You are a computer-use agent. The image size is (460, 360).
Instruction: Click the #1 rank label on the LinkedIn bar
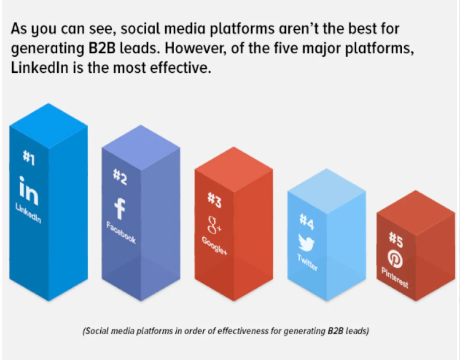click(29, 158)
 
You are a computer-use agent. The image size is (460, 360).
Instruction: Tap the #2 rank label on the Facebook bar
click(120, 177)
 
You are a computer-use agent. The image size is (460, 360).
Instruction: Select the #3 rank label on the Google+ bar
click(214, 200)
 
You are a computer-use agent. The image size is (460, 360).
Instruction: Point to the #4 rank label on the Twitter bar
click(307, 222)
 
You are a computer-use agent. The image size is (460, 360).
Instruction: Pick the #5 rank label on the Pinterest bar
click(396, 240)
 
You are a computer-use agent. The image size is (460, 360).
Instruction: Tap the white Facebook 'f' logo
click(120, 209)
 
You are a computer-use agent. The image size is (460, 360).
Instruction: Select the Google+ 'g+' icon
click(214, 225)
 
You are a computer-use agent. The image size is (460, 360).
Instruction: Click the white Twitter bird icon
click(306, 242)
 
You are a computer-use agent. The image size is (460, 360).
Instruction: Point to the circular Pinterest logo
click(395, 259)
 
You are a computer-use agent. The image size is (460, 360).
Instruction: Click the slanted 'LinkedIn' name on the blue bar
click(28, 213)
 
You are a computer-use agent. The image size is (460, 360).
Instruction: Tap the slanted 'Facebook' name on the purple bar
click(121, 233)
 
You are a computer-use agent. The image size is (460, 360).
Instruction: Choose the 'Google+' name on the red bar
click(214, 245)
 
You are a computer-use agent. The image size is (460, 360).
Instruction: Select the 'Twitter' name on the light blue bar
click(307, 263)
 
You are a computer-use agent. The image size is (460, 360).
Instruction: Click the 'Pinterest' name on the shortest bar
click(395, 278)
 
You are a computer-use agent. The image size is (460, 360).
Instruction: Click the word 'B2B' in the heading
click(102, 49)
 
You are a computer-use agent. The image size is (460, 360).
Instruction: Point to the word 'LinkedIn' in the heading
click(40, 68)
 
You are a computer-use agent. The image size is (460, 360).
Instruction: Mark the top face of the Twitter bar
click(327, 191)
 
